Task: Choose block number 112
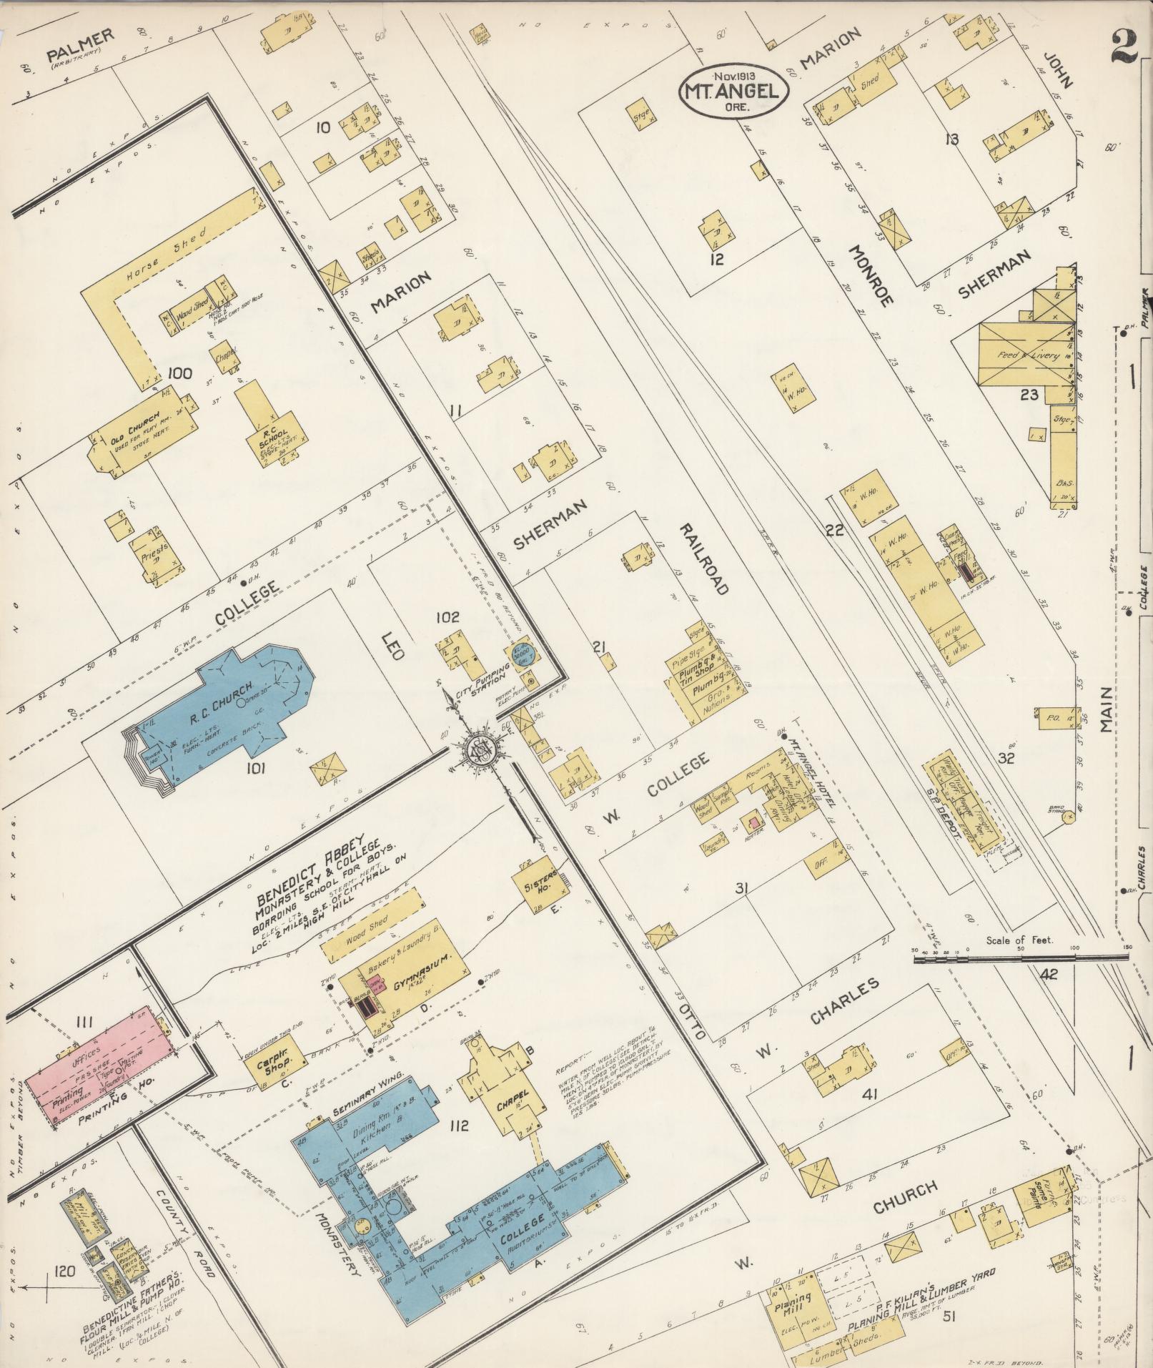pos(458,1127)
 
